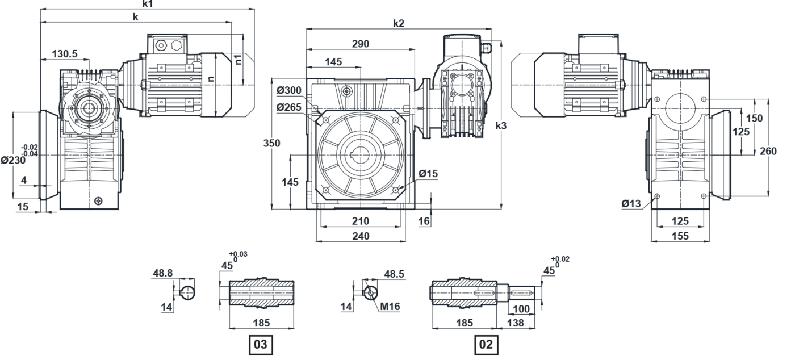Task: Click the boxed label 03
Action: pos(261,344)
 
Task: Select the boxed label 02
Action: pos(486,344)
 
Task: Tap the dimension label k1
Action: pos(147,4)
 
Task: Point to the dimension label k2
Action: pos(399,23)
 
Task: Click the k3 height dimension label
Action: pos(501,125)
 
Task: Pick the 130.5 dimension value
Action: pos(65,54)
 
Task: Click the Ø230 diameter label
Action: pos(13,161)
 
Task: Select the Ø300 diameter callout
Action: pos(289,90)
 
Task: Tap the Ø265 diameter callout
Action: pos(289,107)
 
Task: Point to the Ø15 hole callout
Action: pos(428,174)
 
